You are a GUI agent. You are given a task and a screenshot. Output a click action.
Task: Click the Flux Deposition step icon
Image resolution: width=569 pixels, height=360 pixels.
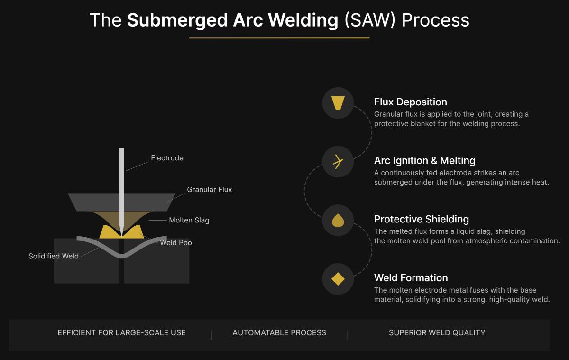point(338,103)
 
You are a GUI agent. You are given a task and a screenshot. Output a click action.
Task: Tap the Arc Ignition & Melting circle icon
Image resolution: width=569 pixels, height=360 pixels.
point(338,162)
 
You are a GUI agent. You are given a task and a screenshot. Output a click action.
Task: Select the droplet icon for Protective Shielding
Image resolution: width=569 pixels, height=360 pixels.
point(338,220)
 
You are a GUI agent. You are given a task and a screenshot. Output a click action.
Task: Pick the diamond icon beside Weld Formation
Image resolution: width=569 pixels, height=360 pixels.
point(338,279)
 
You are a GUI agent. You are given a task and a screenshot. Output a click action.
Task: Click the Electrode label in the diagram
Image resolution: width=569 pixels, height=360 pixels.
point(167,158)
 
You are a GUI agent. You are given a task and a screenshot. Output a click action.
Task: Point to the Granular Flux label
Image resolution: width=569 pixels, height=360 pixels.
point(210,189)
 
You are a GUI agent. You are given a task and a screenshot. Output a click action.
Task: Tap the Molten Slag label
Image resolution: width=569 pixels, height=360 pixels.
point(189,220)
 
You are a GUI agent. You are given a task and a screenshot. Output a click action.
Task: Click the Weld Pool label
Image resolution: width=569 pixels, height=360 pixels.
point(177,242)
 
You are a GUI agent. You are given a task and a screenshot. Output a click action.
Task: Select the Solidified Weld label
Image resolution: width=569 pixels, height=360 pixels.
point(54,256)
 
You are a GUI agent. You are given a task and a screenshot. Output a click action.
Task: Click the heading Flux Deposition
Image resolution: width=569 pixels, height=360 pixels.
point(410,102)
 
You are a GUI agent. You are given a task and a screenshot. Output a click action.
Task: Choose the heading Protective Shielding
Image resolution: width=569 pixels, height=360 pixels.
point(421,219)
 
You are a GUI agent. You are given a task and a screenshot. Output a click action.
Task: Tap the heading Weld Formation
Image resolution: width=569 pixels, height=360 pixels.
point(411,278)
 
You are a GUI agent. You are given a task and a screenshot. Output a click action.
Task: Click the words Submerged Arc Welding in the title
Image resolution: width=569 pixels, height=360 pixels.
point(233,20)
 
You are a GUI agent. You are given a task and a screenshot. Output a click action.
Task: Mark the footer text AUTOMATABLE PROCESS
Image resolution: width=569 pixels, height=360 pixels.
point(279,333)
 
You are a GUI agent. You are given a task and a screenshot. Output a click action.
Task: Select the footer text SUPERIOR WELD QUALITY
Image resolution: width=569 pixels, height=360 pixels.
point(437,333)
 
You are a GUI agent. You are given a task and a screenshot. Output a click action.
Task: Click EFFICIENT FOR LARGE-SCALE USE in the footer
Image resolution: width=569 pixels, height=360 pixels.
point(121,333)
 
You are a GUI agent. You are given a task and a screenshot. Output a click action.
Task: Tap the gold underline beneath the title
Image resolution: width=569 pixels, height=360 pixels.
point(279,37)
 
